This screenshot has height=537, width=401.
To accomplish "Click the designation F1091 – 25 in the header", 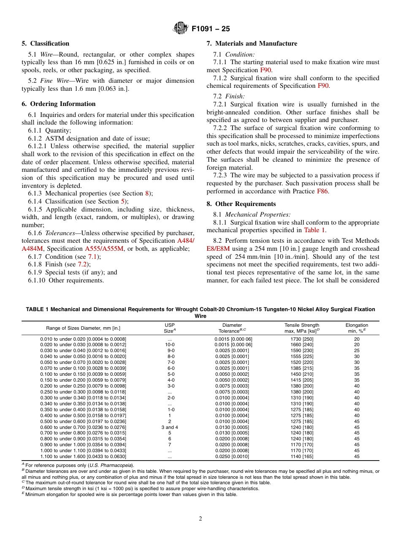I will pyautogui.click(x=211, y=29).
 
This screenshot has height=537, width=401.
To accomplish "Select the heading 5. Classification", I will pyautogui.click(x=46, y=43).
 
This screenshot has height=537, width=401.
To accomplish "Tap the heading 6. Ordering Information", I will pyautogui.click(x=59, y=104).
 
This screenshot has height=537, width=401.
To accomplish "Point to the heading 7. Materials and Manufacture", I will pyautogui.click(x=252, y=43).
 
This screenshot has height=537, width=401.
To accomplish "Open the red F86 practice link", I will pyautogui.click(x=322, y=191).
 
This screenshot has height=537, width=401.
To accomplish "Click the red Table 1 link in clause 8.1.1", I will pyautogui.click(x=314, y=231).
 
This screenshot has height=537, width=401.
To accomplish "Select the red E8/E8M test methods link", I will pyautogui.click(x=220, y=249).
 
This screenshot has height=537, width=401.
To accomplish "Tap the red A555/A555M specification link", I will pyautogui.click(x=104, y=249).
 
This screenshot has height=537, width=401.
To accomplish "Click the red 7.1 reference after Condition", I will pyautogui.click(x=92, y=257).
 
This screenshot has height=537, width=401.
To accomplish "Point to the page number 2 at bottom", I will pyautogui.click(x=200, y=519).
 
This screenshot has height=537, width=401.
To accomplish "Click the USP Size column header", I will pyautogui.click(x=169, y=328).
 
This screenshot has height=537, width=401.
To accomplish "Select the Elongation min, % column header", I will pyautogui.click(x=357, y=328).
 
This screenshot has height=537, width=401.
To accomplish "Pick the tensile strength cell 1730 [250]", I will pyautogui.click(x=302, y=339).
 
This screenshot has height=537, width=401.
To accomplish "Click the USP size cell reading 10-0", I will pyautogui.click(x=169, y=345).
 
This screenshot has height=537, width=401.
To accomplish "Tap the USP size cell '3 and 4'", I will pyautogui.click(x=169, y=427).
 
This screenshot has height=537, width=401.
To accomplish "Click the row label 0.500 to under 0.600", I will pyautogui.click(x=83, y=421).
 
